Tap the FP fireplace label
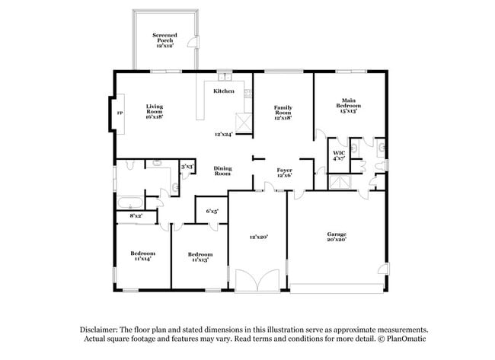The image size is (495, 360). [120, 113]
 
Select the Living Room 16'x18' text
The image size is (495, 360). [155, 111]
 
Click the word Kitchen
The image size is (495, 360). [224, 91]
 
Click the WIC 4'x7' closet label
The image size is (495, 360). [339, 156]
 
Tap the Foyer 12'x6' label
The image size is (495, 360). [285, 173]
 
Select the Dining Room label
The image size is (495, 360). [222, 170]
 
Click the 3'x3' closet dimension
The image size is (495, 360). [187, 167]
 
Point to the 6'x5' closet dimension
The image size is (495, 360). [212, 211]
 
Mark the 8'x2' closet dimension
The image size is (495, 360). [136, 216]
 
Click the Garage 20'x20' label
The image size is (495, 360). [337, 237]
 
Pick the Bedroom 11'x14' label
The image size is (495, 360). [142, 256]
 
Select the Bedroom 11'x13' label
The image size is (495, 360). [200, 257]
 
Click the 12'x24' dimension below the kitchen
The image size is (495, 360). [224, 134]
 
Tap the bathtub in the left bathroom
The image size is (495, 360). [131, 202]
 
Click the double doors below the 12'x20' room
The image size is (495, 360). [257, 280]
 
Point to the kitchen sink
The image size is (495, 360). [225, 77]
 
